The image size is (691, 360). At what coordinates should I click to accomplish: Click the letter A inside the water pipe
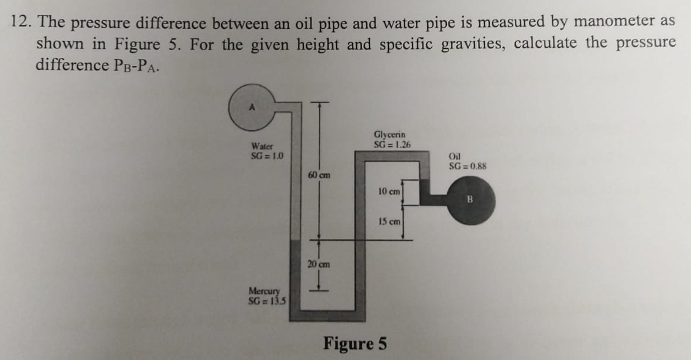tap(252, 108)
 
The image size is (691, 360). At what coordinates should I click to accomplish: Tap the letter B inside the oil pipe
tap(471, 199)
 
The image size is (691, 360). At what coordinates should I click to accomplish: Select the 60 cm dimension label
tap(319, 175)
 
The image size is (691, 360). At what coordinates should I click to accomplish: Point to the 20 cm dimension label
tap(319, 264)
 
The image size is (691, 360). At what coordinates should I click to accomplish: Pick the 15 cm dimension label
tap(389, 222)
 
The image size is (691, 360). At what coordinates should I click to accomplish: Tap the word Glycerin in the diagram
tap(389, 135)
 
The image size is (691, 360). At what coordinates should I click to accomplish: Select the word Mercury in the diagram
tap(264, 291)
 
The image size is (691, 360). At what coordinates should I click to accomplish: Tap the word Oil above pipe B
tap(454, 156)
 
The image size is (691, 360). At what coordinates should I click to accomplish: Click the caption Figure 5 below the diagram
tap(355, 343)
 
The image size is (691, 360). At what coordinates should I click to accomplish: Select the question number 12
tap(20, 22)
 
